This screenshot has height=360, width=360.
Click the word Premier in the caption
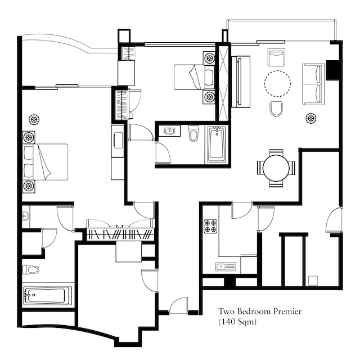[287, 312]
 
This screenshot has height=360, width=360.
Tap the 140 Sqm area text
[237, 322]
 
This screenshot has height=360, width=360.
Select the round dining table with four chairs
[276, 168]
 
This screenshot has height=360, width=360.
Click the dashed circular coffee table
[277, 83]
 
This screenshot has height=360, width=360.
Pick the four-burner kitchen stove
[210, 226]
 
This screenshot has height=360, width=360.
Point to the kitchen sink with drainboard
[226, 267]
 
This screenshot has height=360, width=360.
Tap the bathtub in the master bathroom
[47, 295]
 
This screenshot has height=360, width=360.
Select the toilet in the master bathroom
[31, 269]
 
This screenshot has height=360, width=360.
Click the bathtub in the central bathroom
[216, 145]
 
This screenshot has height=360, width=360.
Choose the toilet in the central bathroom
[193, 133]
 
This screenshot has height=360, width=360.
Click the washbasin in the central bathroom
[169, 131]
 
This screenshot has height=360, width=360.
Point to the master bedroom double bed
[45, 162]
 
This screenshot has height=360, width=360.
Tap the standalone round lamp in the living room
[311, 119]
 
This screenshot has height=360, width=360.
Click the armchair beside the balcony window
[276, 57]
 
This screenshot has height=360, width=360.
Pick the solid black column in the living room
[332, 70]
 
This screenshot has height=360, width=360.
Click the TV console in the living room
[241, 82]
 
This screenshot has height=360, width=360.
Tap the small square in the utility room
[313, 281]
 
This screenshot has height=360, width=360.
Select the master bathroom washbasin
[25, 217]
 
